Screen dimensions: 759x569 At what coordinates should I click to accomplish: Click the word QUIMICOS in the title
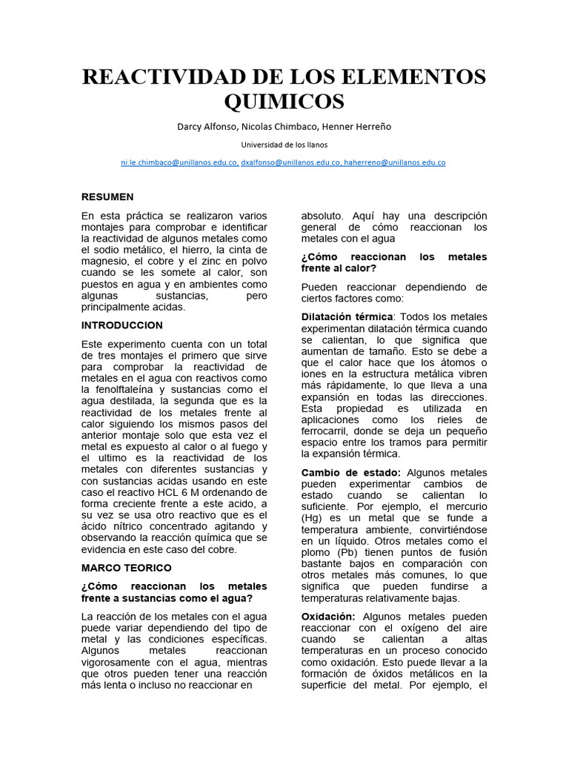[284, 101]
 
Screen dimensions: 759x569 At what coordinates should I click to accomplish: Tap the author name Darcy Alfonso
[204, 126]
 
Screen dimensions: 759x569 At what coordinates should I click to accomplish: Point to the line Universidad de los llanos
[284, 145]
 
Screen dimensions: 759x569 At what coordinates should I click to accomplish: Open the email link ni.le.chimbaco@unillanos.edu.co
[179, 162]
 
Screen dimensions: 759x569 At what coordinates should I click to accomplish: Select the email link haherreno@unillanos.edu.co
[395, 162]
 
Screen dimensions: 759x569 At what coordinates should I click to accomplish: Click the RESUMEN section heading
[107, 197]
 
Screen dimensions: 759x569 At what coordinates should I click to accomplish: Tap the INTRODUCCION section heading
[122, 325]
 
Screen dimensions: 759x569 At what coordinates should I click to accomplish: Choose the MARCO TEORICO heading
[126, 568]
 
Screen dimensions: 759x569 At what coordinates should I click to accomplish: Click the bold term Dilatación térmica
[347, 316]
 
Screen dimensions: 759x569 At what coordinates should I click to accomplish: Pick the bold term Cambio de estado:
[351, 472]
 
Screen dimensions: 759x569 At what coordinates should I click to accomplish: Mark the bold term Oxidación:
[328, 617]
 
